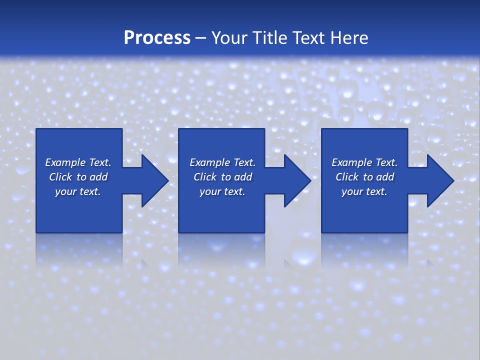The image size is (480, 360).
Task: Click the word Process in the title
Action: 157,38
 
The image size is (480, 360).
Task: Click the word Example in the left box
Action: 65,162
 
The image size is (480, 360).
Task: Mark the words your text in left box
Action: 78,191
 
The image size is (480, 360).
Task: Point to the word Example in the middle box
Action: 209,162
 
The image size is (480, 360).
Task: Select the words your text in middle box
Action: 222,191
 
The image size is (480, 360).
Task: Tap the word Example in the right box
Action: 351,162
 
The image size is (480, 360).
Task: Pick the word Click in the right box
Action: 347,177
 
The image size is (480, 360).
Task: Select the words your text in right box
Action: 364,191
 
